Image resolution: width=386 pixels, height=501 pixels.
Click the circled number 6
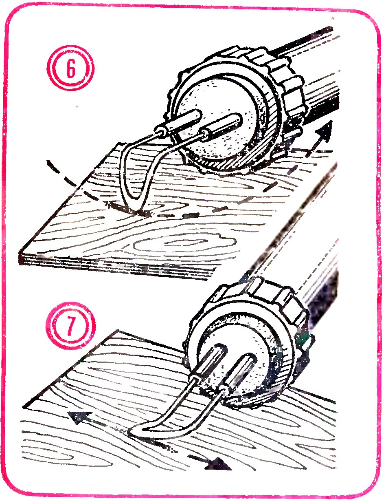point(71,68)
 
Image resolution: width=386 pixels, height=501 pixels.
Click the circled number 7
point(70,327)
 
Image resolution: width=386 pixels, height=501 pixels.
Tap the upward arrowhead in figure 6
point(325,131)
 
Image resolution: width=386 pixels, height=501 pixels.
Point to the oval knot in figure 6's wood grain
point(184,245)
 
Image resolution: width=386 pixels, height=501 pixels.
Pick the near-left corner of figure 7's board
point(24,407)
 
